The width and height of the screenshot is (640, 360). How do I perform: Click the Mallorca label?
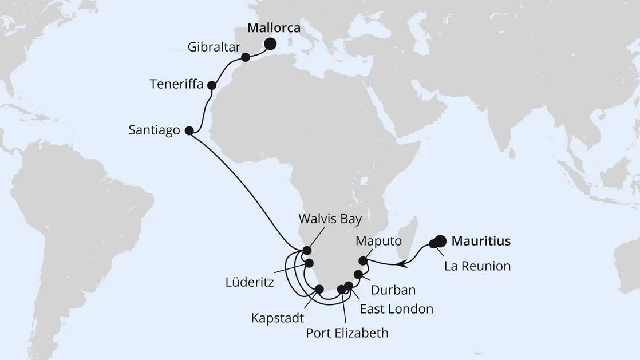[275, 29]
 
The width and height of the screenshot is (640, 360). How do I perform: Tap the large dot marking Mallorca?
[269, 44]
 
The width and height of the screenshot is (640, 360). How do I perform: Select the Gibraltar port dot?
[246, 57]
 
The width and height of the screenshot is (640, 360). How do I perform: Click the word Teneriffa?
[176, 84]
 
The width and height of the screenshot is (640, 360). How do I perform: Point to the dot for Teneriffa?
[211, 85]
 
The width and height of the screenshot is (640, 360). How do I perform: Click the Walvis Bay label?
[331, 219]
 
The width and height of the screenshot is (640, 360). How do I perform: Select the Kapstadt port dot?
[319, 289]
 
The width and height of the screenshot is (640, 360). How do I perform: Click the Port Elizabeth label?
[347, 333]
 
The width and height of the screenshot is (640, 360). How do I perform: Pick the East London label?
[396, 309]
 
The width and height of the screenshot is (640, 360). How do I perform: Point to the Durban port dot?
[358, 274]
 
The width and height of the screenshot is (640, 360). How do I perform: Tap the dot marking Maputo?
[362, 261]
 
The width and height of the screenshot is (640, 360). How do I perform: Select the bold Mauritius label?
[481, 242]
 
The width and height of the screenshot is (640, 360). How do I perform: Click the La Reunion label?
[477, 266]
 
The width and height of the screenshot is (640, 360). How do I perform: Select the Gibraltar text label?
[214, 47]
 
